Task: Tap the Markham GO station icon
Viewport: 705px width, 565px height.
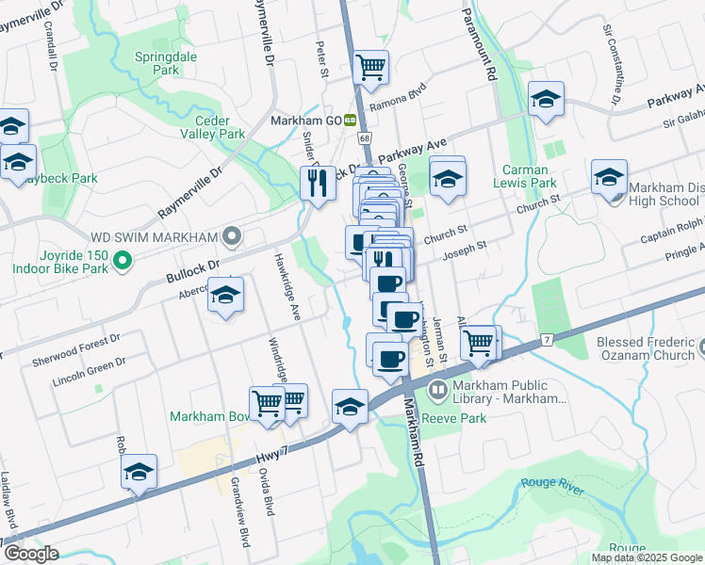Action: [350, 121]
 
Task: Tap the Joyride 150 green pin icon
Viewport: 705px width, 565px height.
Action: [120, 260]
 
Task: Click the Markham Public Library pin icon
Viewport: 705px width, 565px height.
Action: [437, 390]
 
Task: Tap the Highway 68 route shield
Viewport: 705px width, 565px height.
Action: [364, 138]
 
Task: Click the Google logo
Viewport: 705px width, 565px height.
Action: [30, 553]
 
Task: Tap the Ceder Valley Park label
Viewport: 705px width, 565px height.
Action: [220, 127]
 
